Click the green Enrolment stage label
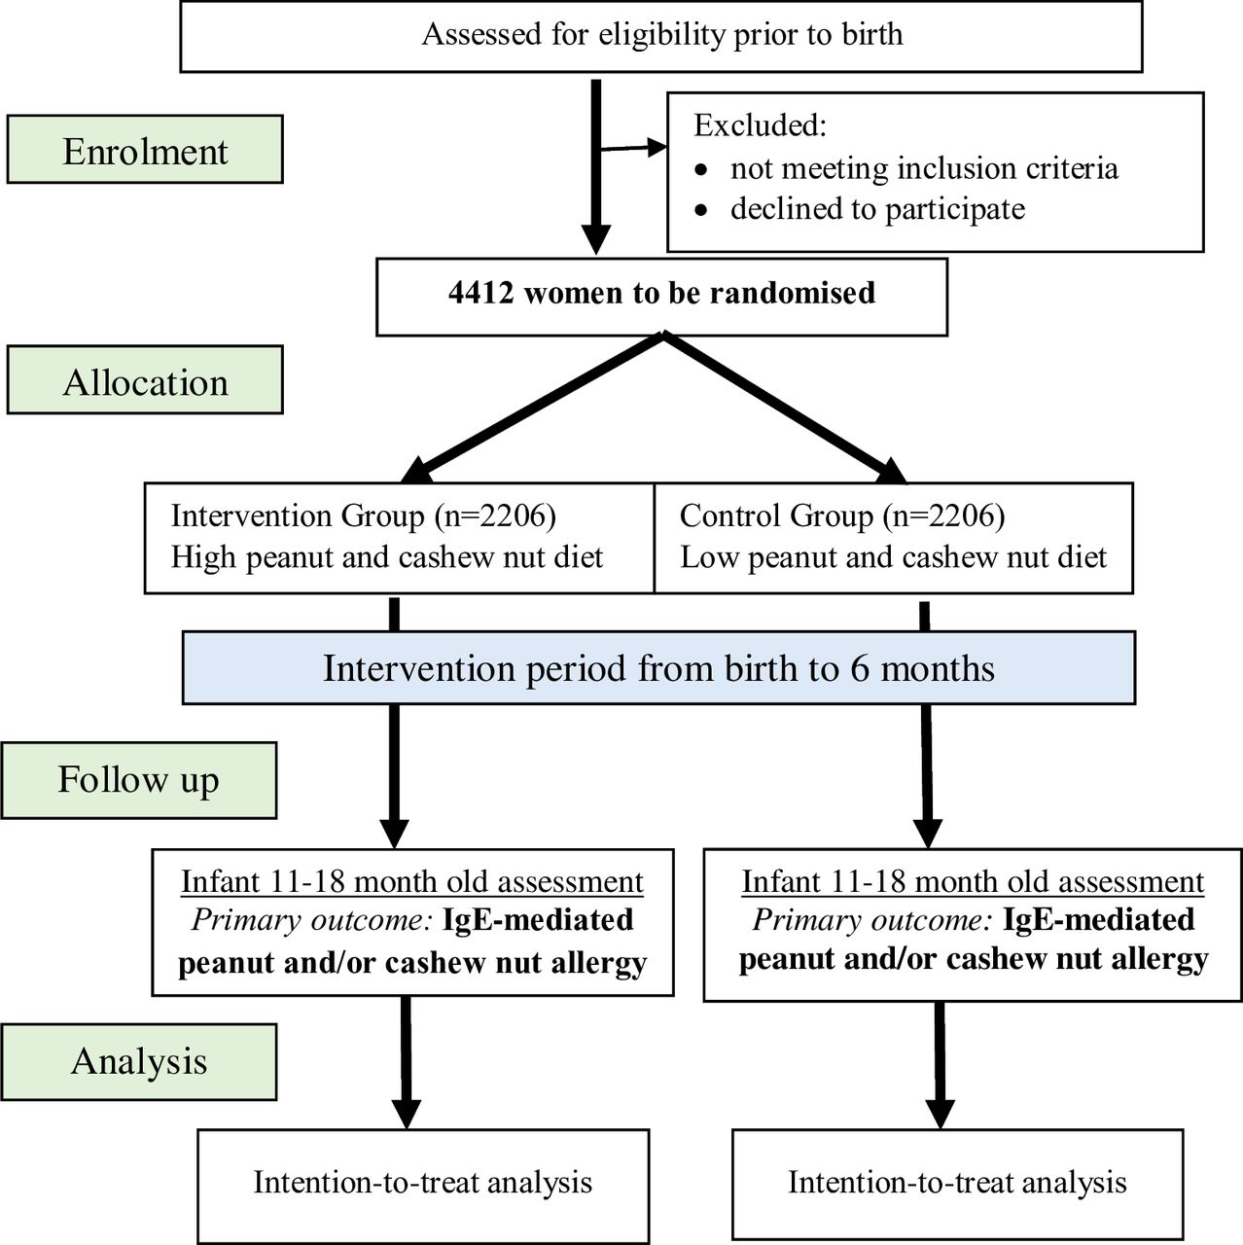[x=145, y=149]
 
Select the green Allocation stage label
[x=145, y=379]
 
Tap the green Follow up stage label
[x=139, y=780]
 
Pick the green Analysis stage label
[x=139, y=1061]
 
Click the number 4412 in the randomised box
[x=480, y=293]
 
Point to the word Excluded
[x=761, y=124]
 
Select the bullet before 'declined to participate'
[x=701, y=211]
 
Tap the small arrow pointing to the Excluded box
[x=633, y=148]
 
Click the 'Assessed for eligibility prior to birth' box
[x=661, y=36]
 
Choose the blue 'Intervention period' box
[x=659, y=667]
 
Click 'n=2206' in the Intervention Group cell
[x=495, y=516]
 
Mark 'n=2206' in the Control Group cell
[x=943, y=516]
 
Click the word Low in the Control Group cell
[x=709, y=557]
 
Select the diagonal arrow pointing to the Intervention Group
[x=533, y=409]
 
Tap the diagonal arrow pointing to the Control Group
[x=786, y=409]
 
